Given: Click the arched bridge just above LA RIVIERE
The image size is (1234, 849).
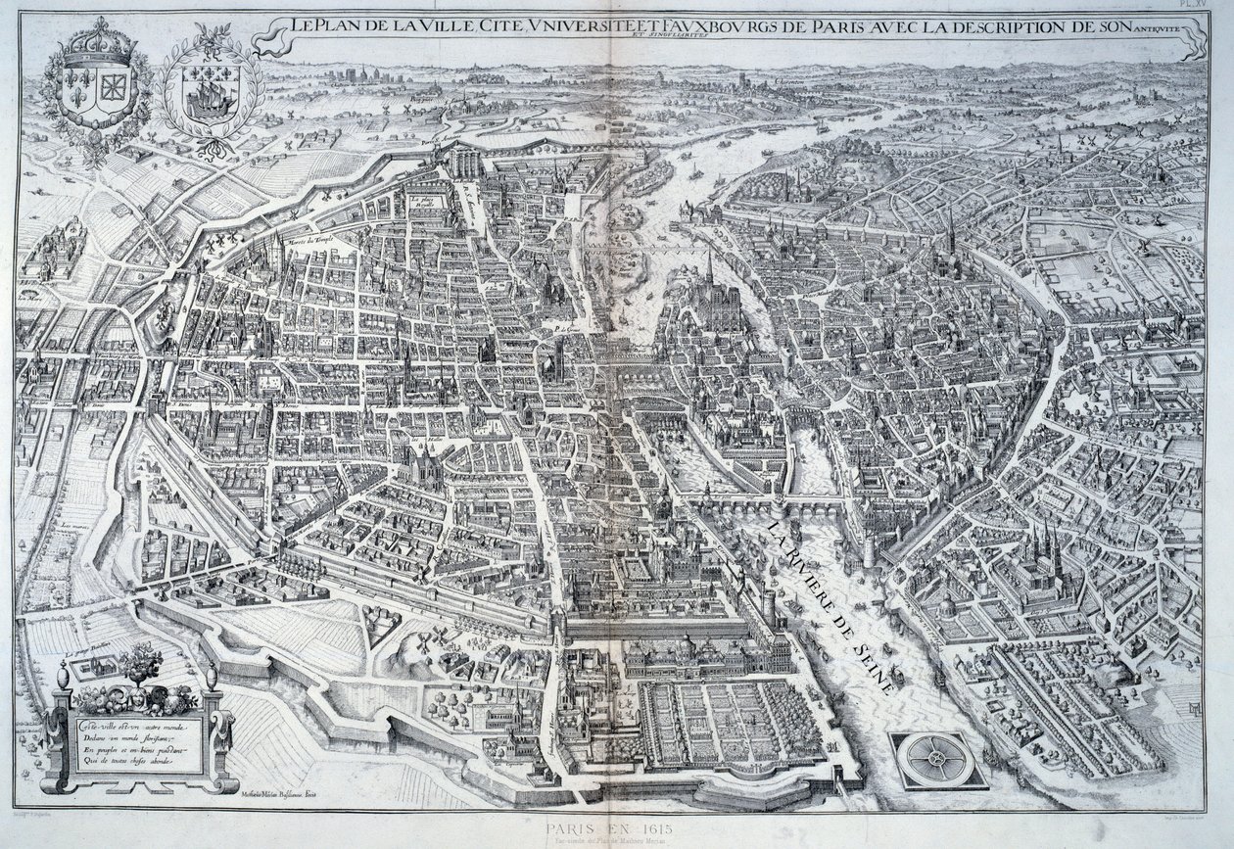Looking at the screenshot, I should coord(774,506).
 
